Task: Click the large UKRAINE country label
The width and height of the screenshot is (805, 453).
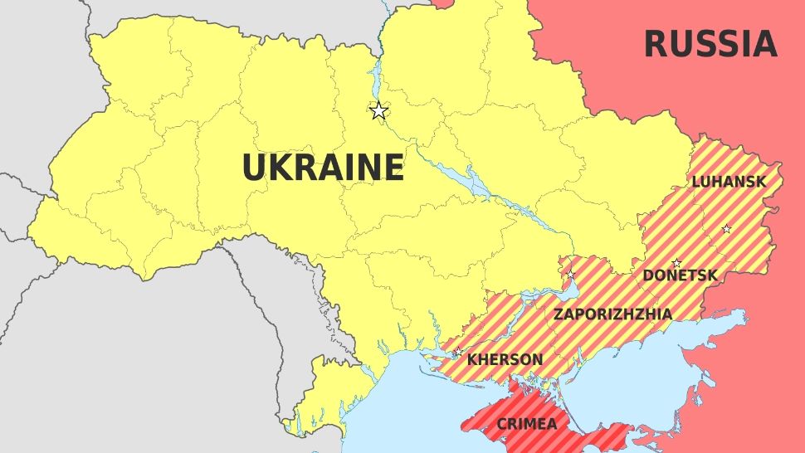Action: (x=323, y=168)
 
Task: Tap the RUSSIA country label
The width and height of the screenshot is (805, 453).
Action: (x=710, y=44)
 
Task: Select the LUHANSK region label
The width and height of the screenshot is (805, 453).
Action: (x=729, y=182)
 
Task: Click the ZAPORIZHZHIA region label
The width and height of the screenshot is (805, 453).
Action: (x=612, y=314)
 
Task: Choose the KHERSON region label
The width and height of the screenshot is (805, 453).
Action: (x=505, y=360)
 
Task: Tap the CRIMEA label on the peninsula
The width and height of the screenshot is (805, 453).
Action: (x=527, y=424)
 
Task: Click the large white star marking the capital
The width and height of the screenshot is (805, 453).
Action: (x=378, y=110)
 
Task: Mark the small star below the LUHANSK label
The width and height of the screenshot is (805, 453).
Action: (x=726, y=229)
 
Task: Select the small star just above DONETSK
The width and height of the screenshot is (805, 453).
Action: (x=676, y=263)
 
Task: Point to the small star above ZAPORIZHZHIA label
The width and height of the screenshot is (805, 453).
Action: (x=570, y=275)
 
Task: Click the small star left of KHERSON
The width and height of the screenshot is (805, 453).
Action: (x=457, y=353)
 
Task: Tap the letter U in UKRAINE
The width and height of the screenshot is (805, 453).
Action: (x=253, y=168)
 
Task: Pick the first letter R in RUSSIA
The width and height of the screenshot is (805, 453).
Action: (x=656, y=44)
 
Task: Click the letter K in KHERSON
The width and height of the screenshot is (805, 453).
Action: (x=472, y=360)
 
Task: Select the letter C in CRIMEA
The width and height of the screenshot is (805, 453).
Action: (x=501, y=424)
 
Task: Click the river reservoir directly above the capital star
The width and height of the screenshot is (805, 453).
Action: (x=373, y=79)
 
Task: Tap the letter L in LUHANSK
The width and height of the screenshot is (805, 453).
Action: (x=696, y=182)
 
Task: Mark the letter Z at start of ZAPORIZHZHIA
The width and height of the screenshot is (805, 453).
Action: (x=559, y=314)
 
